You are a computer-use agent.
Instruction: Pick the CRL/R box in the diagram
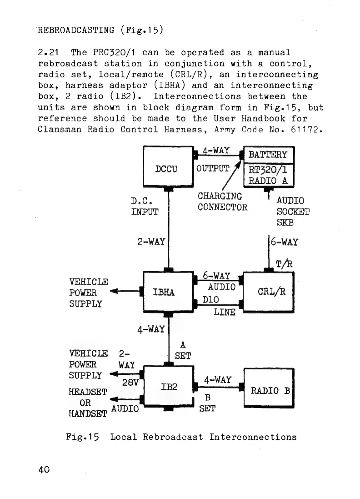269,292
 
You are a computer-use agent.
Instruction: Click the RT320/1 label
269,170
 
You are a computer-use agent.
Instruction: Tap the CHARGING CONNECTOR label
222,202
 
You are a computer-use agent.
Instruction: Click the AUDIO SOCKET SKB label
293,212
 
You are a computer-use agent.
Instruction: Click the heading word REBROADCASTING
76,31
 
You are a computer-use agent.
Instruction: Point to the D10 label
210,299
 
